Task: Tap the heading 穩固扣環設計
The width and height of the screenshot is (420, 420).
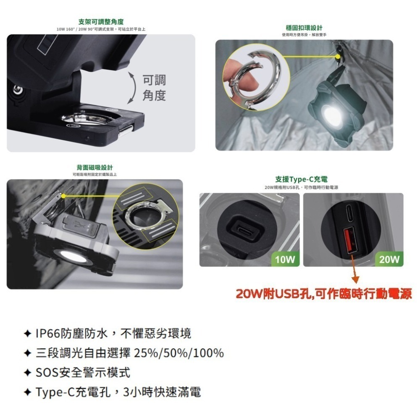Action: click(304, 28)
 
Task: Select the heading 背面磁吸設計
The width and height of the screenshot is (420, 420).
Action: click(94, 168)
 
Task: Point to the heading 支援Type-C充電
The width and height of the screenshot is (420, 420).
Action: click(302, 179)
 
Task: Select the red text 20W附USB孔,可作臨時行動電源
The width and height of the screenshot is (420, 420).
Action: click(323, 294)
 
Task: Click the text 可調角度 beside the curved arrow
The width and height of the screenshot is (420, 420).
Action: click(154, 88)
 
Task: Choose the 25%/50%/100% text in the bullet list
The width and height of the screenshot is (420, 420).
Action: click(178, 353)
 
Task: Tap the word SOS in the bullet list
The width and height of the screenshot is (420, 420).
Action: click(46, 373)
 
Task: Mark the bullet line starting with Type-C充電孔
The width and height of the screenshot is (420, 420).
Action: click(118, 392)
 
